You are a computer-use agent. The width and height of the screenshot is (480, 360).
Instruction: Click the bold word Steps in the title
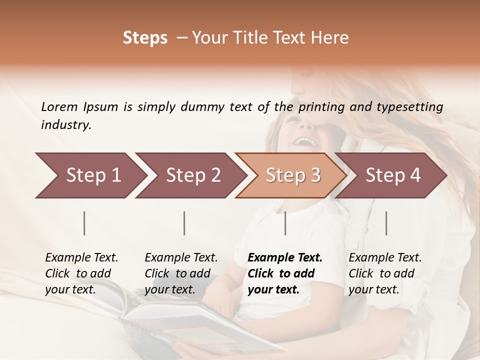point(145,38)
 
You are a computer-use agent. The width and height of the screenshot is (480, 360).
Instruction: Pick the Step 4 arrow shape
point(391,175)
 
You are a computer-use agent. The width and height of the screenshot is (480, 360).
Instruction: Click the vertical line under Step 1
point(84,223)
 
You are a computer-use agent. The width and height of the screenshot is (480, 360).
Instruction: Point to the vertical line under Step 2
point(184,223)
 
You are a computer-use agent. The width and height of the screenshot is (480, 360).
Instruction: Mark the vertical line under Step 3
point(285,223)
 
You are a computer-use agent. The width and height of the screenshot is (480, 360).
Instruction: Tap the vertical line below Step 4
point(386,223)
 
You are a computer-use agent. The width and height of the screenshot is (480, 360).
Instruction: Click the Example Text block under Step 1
point(81,273)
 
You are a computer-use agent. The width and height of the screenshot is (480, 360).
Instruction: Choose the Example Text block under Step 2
point(181,273)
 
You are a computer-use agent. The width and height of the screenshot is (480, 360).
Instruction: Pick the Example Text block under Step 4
point(385,273)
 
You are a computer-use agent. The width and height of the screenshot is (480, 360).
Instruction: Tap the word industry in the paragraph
point(65,125)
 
